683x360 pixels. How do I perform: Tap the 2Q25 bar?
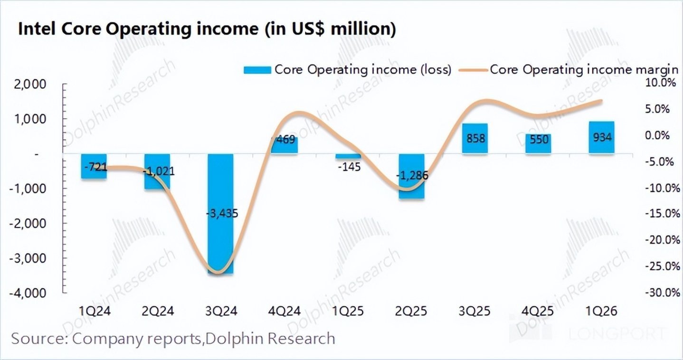411,190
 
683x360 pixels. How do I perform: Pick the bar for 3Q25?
475,147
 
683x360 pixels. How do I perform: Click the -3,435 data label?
221,214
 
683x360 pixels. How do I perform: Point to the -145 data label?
348,167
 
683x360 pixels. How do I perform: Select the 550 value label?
538,140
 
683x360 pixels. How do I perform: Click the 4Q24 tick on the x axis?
285,312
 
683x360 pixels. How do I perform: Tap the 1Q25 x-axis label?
348,312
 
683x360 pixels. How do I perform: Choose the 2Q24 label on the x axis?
158,312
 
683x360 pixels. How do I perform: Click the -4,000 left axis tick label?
28,293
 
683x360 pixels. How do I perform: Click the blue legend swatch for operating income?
257,70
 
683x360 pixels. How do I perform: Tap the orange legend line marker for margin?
473,70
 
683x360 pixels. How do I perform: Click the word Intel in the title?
36,29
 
